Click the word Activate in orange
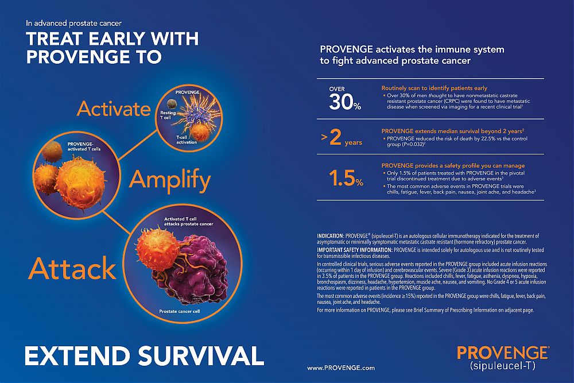pos(114,109)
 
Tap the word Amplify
pos(170,180)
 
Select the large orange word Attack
pos(72,268)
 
